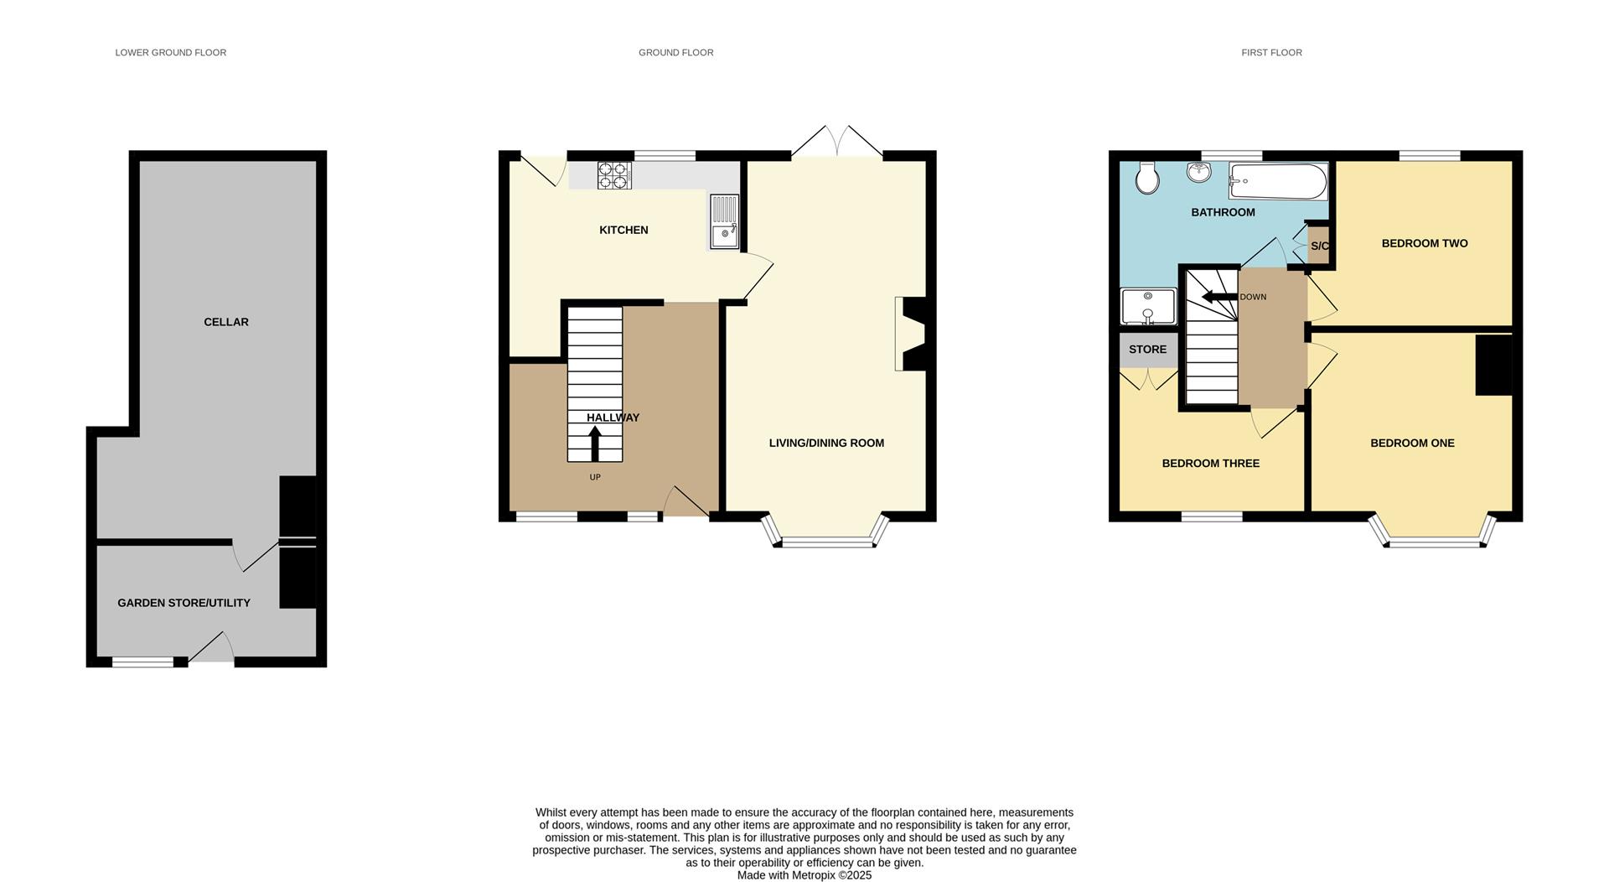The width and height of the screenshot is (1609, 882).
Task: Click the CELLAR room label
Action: click(x=226, y=322)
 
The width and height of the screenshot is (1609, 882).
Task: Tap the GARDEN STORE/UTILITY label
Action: click(x=184, y=603)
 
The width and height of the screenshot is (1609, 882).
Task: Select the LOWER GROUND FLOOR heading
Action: click(x=171, y=53)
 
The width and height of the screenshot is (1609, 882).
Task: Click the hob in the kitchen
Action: click(x=614, y=175)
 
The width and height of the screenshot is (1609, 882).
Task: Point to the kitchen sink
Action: click(x=725, y=222)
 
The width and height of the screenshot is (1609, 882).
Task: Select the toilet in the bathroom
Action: click(x=1147, y=177)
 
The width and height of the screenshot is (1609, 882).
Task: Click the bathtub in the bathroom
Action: click(x=1278, y=181)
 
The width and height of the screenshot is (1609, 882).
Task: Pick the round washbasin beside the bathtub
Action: click(x=1199, y=173)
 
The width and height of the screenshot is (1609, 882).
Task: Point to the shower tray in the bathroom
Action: click(x=1148, y=306)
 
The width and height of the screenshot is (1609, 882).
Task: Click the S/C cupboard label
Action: click(x=1319, y=246)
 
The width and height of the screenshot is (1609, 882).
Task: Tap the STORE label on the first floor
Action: click(x=1147, y=350)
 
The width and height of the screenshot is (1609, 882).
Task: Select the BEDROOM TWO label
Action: click(x=1425, y=243)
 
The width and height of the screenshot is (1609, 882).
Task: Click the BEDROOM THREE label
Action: click(x=1210, y=463)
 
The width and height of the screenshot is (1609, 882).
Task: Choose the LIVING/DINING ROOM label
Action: click(x=826, y=443)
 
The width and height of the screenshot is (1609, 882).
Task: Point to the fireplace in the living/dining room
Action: click(x=911, y=334)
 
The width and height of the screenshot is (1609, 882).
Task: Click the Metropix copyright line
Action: click(x=804, y=875)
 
